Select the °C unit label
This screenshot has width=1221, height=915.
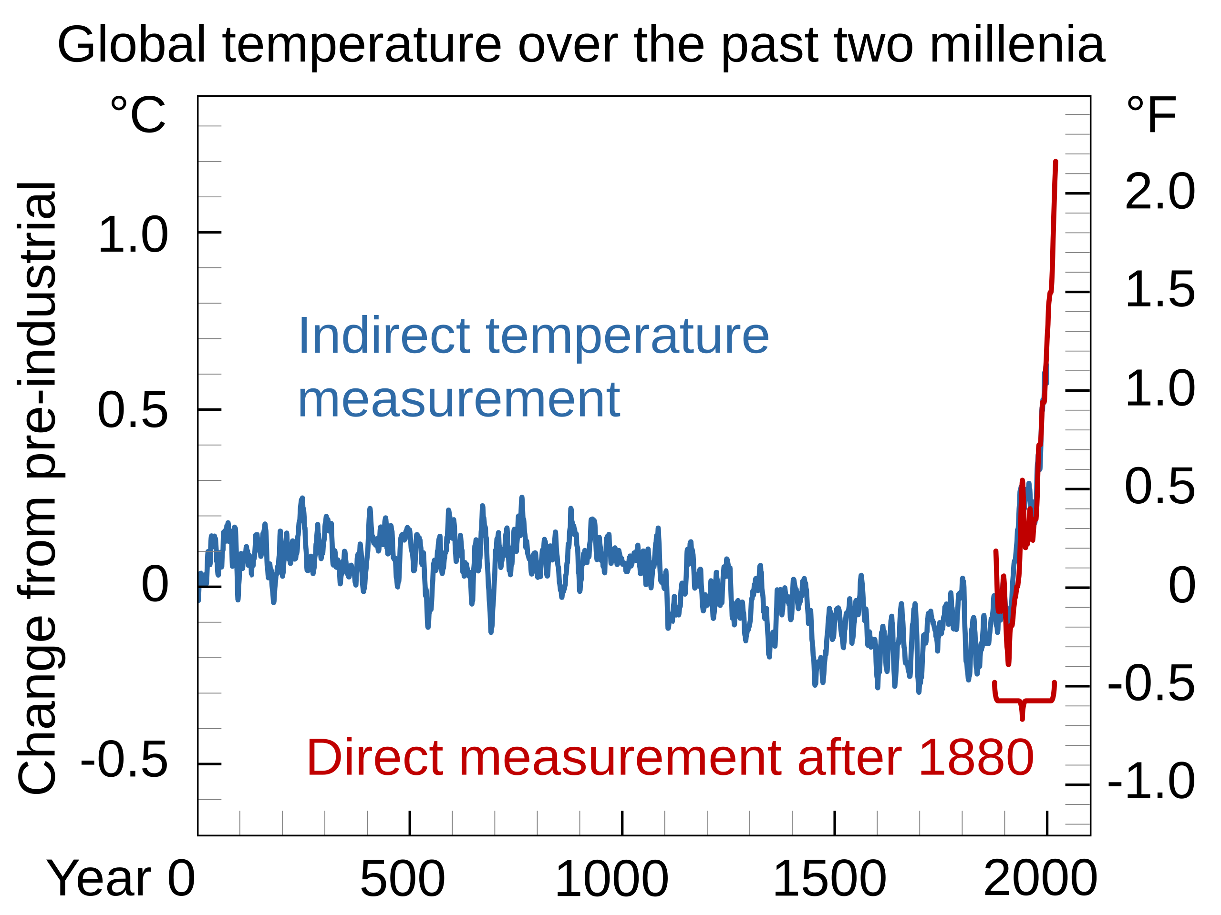(x=138, y=114)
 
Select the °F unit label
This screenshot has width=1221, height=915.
(x=1151, y=114)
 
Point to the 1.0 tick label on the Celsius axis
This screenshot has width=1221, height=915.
(x=133, y=235)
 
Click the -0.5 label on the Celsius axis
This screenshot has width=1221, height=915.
(x=124, y=760)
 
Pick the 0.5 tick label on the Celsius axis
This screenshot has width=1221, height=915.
(x=133, y=410)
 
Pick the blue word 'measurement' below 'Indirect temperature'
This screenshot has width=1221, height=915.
(x=459, y=400)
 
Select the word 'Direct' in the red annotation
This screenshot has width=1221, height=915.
(x=375, y=758)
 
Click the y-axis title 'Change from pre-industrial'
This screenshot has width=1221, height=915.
(x=38, y=488)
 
